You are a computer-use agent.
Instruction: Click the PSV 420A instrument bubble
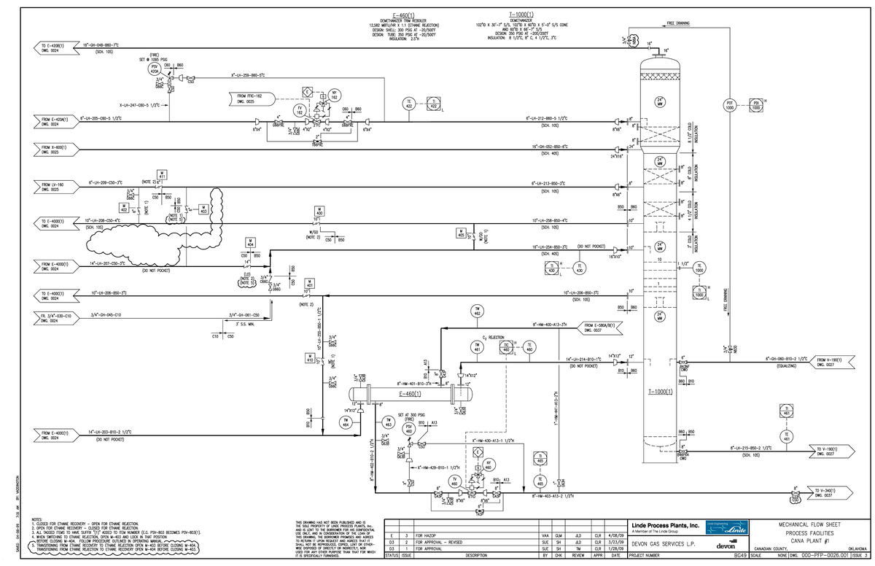click(155, 69)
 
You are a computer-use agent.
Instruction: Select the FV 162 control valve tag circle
click(299, 111)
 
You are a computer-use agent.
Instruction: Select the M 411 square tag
click(163, 174)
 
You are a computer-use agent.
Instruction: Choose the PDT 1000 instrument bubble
click(728, 104)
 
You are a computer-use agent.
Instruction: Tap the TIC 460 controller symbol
click(505, 349)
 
